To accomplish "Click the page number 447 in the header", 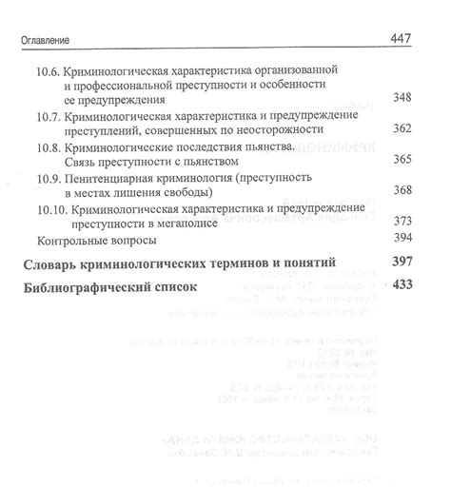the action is (x=405, y=39).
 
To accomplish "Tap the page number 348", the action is (x=402, y=99).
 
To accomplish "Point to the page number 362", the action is (x=402, y=129).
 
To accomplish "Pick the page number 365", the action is (x=402, y=160).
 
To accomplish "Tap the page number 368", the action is (x=402, y=190).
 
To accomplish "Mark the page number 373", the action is (x=402, y=222).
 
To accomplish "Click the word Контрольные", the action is (x=68, y=239).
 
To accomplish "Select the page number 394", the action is (x=402, y=238).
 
